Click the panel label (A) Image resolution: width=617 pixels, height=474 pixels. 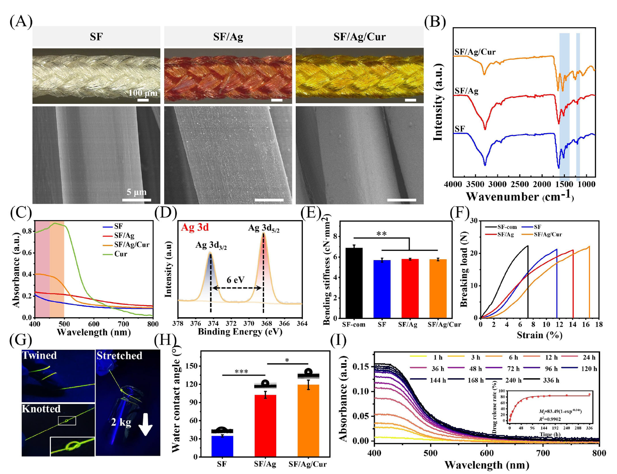21,21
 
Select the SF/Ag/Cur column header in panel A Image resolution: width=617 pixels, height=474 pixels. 359,37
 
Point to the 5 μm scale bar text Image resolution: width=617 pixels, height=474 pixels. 137,192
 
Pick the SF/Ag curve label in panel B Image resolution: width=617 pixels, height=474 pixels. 467,91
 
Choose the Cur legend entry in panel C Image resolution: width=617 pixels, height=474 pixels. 120,254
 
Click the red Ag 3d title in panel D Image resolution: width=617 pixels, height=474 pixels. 195,228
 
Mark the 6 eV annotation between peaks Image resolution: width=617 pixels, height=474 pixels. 236,280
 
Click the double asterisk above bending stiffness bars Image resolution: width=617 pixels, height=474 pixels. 381,234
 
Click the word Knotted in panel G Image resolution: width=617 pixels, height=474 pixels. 41,409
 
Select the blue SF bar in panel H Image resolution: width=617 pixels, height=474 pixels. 222,446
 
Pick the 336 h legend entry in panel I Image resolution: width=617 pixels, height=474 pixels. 551,380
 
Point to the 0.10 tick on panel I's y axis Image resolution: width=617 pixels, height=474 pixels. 360,392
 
